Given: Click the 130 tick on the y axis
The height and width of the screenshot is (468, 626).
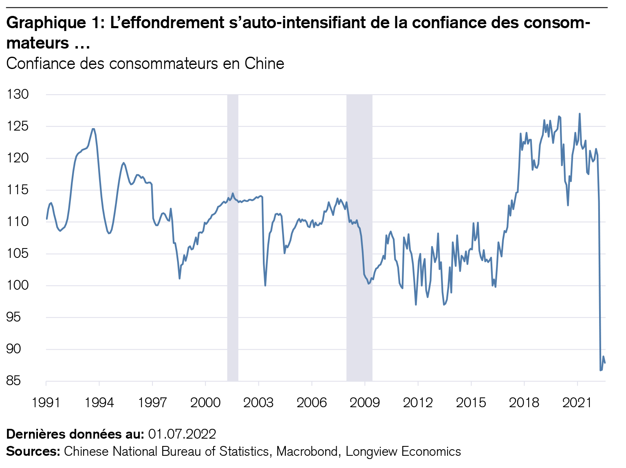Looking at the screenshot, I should pos(18,95).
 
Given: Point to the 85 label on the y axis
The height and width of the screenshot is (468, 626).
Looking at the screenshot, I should pos(18,381).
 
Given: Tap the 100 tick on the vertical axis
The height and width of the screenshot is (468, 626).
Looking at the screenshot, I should pos(18,286).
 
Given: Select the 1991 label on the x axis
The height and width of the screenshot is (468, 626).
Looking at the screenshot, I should pos(46,403).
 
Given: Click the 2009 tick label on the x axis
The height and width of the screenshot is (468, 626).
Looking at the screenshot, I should pos(365,403).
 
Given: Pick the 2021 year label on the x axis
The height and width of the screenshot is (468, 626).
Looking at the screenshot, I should pos(577,403).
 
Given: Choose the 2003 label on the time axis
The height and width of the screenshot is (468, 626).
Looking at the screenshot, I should pos(258,403).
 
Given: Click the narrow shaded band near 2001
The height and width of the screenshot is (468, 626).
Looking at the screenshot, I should pos(233,237).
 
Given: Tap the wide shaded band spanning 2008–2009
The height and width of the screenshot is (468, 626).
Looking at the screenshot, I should pos(359,237).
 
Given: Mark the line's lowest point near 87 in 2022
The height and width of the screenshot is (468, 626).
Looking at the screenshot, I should pos(601,370).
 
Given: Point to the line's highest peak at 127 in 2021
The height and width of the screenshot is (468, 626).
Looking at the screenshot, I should pos(580,114).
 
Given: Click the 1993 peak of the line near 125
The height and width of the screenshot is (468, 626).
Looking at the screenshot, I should pos(93,129).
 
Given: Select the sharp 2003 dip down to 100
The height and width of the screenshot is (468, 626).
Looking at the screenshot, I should pos(265,285).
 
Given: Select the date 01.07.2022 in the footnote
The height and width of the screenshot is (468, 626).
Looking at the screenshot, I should pos(182,434).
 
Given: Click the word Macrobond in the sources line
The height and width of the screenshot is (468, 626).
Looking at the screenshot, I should pos(307,451).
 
